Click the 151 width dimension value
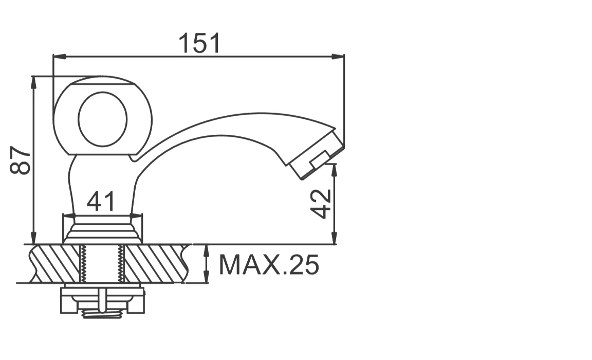click(x=199, y=43)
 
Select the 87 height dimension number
click(x=21, y=160)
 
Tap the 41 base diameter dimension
click(x=100, y=202)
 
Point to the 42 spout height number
click(x=321, y=204)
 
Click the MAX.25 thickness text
click(x=269, y=265)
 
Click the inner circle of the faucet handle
click(x=103, y=119)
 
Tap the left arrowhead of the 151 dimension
click(x=60, y=57)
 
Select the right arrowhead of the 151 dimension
click(x=338, y=57)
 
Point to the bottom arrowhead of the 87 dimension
click(x=33, y=238)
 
